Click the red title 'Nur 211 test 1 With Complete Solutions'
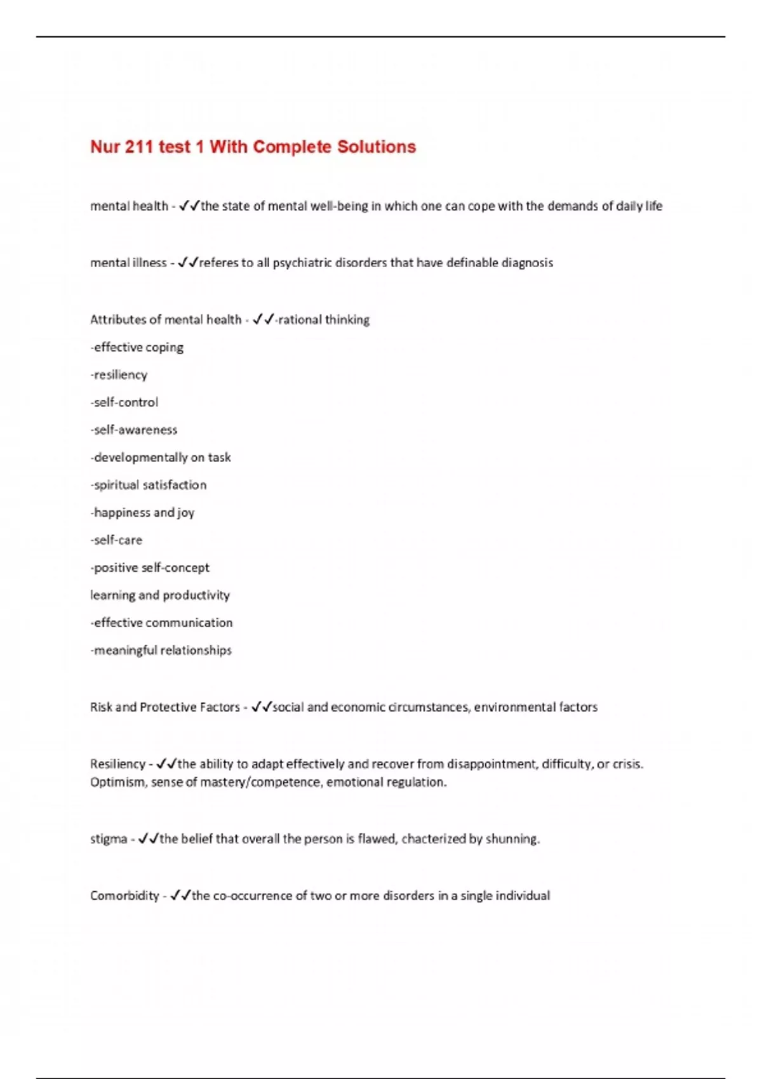[x=253, y=147]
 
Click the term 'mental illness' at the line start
[x=128, y=263]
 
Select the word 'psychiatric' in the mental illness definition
[x=302, y=263]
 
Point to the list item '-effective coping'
[x=137, y=347]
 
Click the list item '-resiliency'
[x=119, y=375]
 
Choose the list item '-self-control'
[x=124, y=402]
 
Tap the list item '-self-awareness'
[x=134, y=430]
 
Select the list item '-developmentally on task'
[x=161, y=458]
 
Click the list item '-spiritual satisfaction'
[x=149, y=485]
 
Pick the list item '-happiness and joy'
[x=142, y=512]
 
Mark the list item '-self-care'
[x=116, y=540]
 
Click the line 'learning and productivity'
[x=160, y=595]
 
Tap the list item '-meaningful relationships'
[x=161, y=650]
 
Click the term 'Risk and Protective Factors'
[x=165, y=707]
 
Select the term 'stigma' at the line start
[x=109, y=839]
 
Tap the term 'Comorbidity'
[x=124, y=896]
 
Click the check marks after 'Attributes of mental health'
[x=263, y=319]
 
